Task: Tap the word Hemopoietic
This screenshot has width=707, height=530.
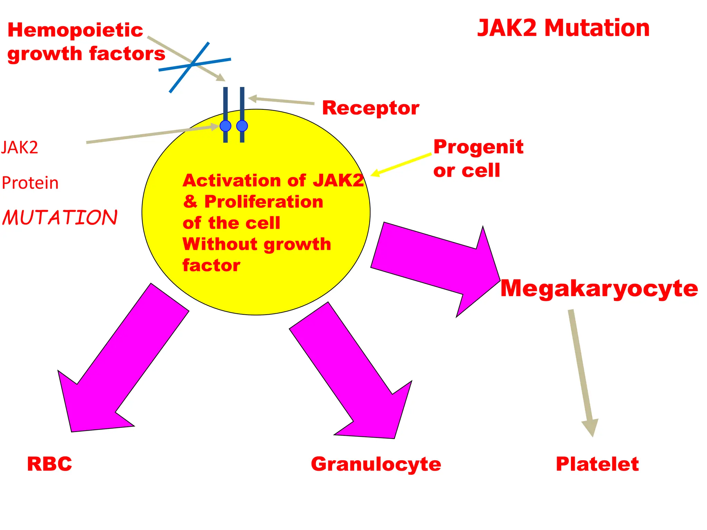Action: [75, 30]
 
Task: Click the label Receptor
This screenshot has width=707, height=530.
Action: [370, 108]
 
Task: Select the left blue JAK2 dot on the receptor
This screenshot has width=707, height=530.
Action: [225, 126]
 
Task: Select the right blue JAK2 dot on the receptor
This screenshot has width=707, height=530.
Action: [242, 126]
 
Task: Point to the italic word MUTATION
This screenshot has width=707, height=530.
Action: [60, 218]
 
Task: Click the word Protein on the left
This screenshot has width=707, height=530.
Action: [30, 183]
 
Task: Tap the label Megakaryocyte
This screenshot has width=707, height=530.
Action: [599, 288]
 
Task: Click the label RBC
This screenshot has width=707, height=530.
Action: [49, 464]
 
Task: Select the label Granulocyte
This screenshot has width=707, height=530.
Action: [376, 464]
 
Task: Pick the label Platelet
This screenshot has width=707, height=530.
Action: [597, 464]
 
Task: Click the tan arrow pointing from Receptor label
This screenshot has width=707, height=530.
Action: [281, 101]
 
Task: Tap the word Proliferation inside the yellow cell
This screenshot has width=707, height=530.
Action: [264, 202]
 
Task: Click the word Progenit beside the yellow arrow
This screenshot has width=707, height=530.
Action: [478, 147]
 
